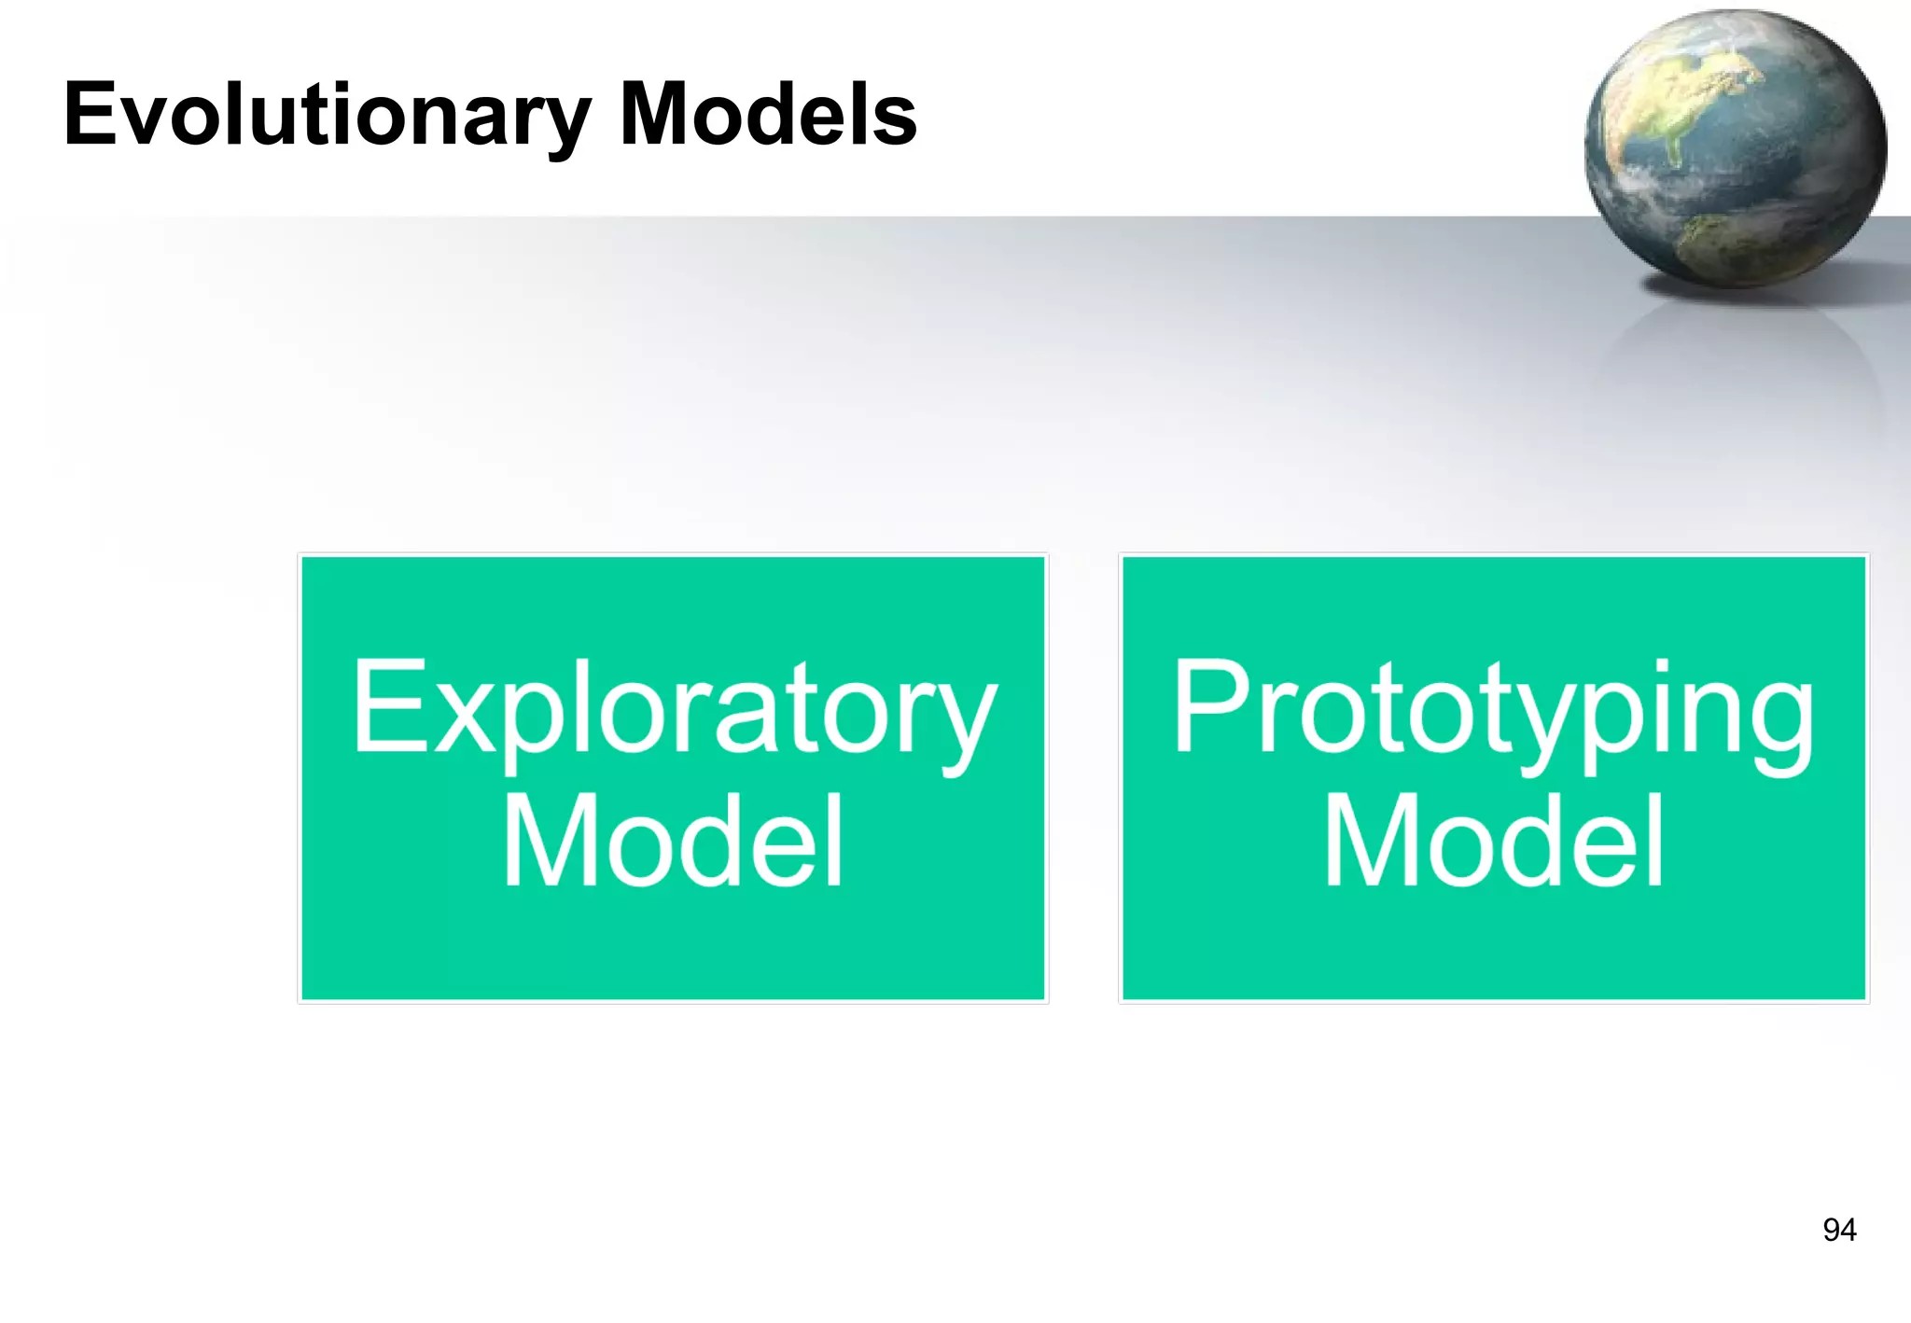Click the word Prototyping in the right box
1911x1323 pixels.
(x=1493, y=709)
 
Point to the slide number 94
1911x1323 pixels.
(x=1839, y=1230)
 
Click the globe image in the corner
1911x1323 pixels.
(x=1736, y=149)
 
